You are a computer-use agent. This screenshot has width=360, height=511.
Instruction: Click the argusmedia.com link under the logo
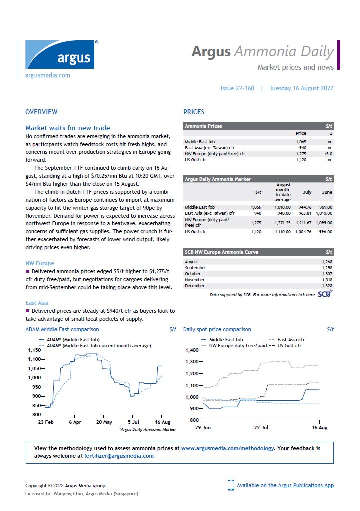coord(48,76)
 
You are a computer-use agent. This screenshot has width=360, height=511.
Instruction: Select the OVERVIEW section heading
coord(41,112)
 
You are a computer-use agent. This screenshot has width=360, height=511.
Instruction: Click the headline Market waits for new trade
coord(68,128)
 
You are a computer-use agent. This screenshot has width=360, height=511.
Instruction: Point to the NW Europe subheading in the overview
coord(40,263)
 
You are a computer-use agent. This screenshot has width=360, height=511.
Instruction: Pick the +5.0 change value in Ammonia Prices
coord(328,154)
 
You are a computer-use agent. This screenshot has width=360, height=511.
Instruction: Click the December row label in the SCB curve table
coord(195,286)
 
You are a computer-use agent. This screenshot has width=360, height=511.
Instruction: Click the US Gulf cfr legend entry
coord(290,346)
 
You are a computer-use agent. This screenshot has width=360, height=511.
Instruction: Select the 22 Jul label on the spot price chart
coord(261,428)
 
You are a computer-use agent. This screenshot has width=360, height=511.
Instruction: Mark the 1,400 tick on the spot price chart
coord(192,350)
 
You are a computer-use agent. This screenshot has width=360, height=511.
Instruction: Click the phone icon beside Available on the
coord(231,485)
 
